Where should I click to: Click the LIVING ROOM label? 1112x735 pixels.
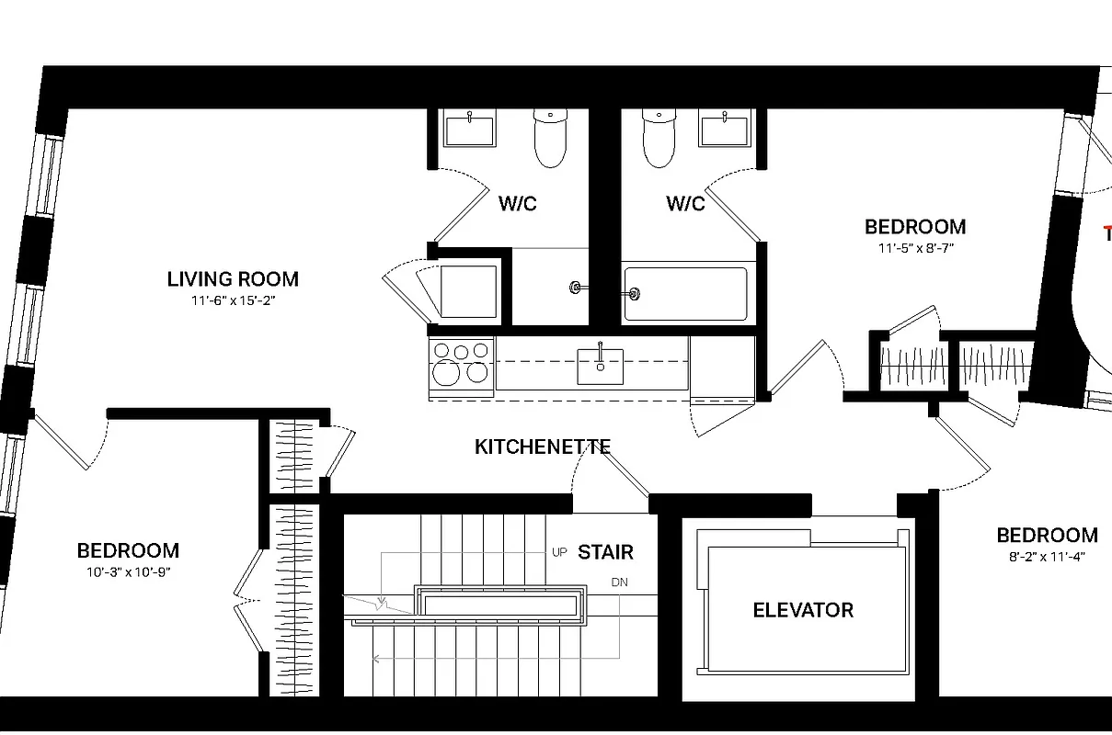click(233, 279)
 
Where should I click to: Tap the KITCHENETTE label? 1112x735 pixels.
click(543, 447)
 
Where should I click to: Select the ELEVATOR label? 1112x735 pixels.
click(803, 610)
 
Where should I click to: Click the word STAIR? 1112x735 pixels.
click(605, 552)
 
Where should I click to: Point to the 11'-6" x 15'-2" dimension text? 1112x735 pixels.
click(234, 300)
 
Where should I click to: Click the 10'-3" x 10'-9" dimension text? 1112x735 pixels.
click(128, 571)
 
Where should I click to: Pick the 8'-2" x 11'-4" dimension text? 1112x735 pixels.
click(1048, 556)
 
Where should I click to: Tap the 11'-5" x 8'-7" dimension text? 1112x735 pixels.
click(915, 247)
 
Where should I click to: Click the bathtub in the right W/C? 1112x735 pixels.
click(685, 294)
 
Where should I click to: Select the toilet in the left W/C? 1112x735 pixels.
click(550, 138)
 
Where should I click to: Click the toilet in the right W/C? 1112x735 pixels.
click(659, 138)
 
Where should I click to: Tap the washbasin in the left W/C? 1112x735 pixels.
click(470, 128)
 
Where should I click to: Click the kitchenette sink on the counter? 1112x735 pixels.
click(600, 365)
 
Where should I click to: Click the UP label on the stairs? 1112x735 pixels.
click(560, 552)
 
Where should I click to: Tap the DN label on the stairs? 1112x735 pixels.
click(619, 582)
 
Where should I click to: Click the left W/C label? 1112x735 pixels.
click(518, 204)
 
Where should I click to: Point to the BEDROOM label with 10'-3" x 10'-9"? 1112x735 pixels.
click(128, 550)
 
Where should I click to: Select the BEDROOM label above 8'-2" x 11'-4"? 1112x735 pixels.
click(1048, 535)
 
